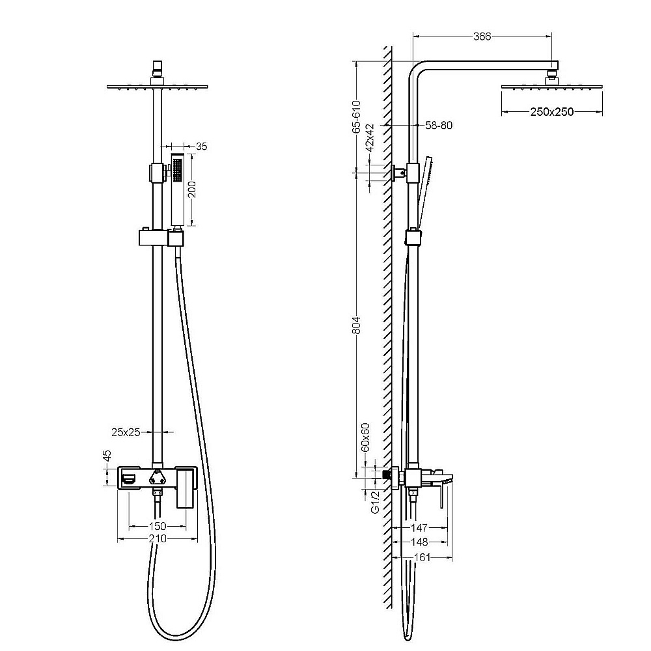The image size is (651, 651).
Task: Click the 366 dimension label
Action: [x=482, y=36]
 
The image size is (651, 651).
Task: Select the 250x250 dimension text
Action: [x=552, y=112]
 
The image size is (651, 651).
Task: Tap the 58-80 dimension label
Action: [x=438, y=125]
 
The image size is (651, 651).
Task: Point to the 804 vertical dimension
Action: [x=357, y=325]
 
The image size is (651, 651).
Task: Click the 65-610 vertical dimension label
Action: [x=357, y=117]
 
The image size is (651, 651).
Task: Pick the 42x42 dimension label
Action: [x=370, y=137]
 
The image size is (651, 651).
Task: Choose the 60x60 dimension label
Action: [x=365, y=437]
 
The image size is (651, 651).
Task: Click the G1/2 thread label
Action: [x=376, y=502]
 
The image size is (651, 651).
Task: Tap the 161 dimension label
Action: [x=422, y=557]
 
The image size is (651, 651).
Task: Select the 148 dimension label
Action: [x=419, y=542]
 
